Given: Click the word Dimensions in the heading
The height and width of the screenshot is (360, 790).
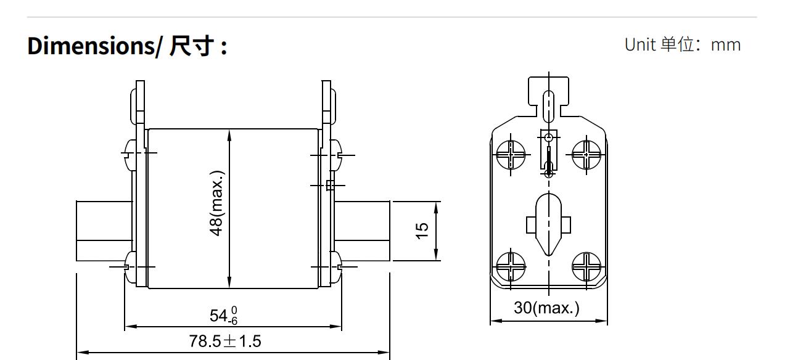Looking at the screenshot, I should coord(90,47).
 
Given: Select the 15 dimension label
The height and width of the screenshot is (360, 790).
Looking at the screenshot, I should coord(422,230).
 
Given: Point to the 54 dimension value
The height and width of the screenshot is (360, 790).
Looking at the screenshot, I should coord(219,316).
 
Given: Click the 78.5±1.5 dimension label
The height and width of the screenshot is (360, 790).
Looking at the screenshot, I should coord(224,340).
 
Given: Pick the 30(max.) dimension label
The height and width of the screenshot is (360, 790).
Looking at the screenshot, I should coord(547,307).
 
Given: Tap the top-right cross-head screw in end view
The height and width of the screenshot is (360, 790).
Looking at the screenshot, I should coord(586,154).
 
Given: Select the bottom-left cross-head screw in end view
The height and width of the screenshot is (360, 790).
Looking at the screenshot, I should coord(511,267).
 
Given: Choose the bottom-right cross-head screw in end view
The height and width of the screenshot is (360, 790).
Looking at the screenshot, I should coord(586,267).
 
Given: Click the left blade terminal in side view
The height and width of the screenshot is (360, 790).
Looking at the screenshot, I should coord(103,230).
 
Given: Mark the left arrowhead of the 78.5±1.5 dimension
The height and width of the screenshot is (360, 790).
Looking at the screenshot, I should coord(80,353).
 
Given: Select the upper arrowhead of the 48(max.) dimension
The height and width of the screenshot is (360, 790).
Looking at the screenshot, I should coord(229,133).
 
